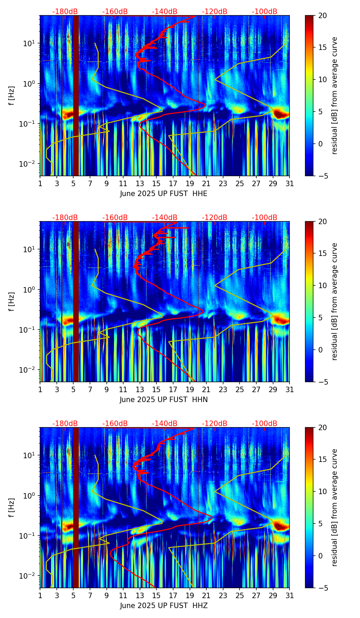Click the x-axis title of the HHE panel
click(x=164, y=194)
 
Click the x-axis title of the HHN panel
click(x=164, y=400)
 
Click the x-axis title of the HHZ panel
click(x=164, y=606)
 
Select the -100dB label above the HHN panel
click(x=265, y=218)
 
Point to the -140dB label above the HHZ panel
click(x=165, y=424)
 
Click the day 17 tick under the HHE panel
click(x=173, y=183)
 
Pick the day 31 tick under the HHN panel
click(x=290, y=389)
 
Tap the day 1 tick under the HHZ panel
click(x=40, y=595)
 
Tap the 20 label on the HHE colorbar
click(x=322, y=16)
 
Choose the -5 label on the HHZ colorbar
click(x=322, y=588)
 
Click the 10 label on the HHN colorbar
click(x=322, y=285)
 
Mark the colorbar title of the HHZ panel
click(x=335, y=507)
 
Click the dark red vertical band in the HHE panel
click(x=76, y=96)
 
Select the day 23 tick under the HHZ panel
click(x=223, y=595)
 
